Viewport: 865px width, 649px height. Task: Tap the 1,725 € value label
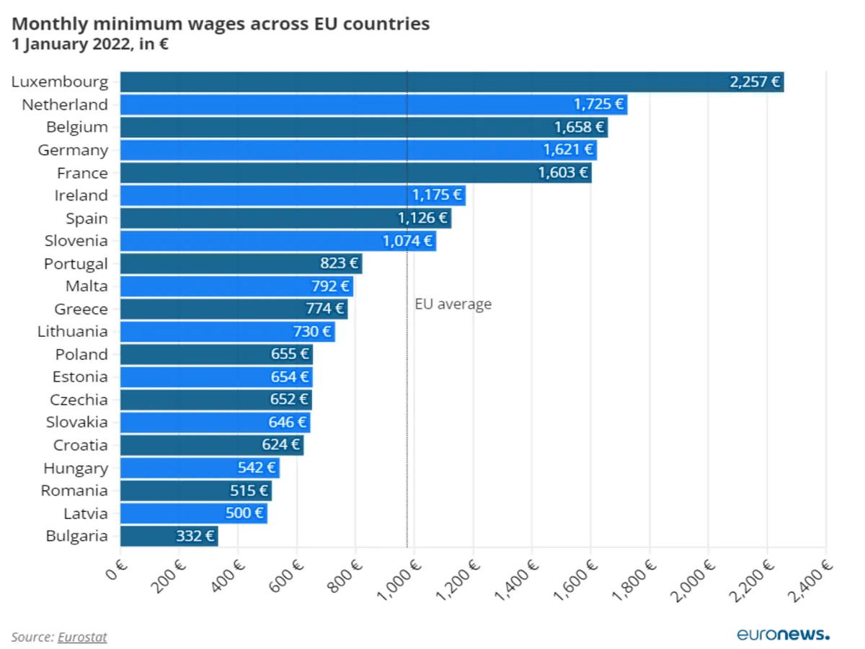point(598,105)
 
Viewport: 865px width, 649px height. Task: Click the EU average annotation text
point(453,304)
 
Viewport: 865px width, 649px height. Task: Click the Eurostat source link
point(82,637)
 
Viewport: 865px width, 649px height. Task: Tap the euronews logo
point(783,635)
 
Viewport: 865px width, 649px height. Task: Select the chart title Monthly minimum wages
point(221,24)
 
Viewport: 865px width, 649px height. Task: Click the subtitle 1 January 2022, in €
point(90,44)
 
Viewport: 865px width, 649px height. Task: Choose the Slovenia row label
point(76,241)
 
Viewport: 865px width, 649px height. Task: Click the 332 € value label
point(195,536)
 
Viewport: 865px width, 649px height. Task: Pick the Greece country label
point(81,309)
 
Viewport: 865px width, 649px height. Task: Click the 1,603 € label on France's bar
point(563,173)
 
